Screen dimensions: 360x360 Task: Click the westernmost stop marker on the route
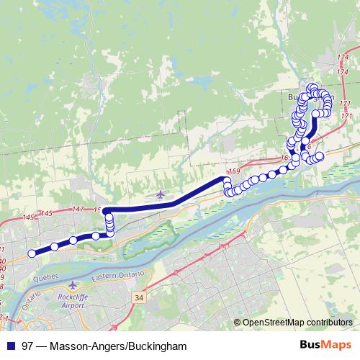[x=32, y=253]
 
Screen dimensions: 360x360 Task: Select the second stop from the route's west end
[x=54, y=248]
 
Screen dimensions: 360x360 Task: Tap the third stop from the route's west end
[x=73, y=240]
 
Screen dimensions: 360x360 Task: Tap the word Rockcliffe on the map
[x=72, y=296]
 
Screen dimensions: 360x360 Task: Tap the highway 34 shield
[x=138, y=296]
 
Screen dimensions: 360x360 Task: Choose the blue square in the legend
[x=10, y=346]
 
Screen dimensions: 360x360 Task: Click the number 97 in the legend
[x=27, y=346]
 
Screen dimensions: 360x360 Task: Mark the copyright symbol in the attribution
[x=238, y=323]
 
